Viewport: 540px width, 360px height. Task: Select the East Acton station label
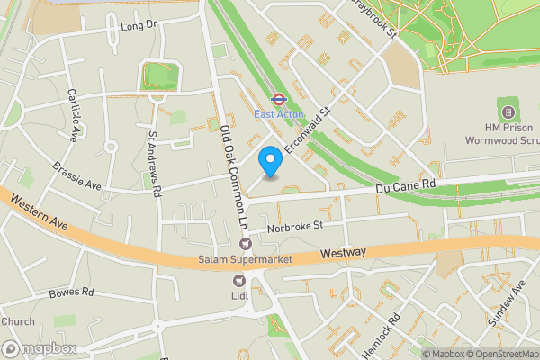tap(278, 114)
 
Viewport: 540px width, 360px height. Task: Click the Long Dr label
tap(139, 28)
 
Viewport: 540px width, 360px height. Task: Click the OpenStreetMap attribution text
tap(496, 354)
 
